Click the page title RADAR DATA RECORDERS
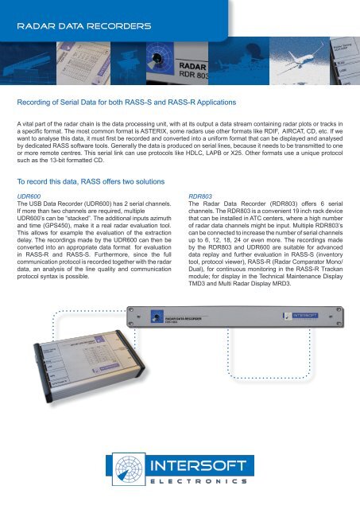pos(85,26)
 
